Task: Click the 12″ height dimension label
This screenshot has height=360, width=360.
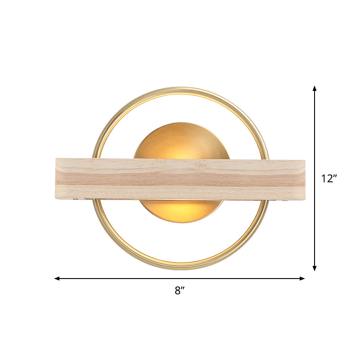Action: [329, 178]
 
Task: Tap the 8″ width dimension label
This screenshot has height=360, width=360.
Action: [180, 291]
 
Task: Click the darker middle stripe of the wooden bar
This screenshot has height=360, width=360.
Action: [180, 180]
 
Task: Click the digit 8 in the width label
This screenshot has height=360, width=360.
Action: [178, 291]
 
